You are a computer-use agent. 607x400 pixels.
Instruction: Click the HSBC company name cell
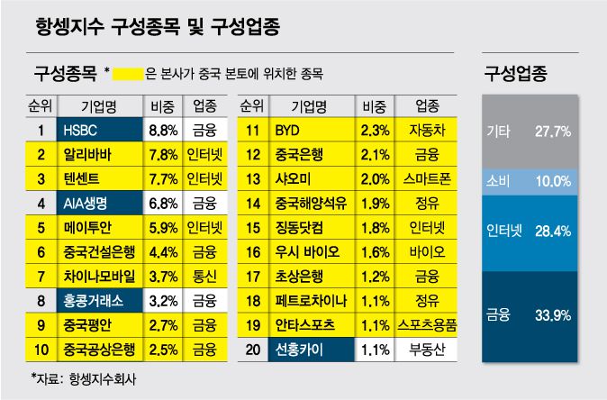[97, 130]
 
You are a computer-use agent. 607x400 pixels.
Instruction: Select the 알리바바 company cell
[97, 154]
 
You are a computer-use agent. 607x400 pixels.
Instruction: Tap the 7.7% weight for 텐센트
[162, 178]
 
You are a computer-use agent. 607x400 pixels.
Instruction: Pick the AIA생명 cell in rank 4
[97, 203]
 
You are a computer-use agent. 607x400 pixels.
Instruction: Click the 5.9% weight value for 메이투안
[162, 227]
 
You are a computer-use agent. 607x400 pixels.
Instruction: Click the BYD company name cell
[310, 130]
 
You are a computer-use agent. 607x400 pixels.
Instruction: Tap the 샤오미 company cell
[310, 178]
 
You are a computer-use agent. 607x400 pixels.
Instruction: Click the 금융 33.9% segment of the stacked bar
[528, 314]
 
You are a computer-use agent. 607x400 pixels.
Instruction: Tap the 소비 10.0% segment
[528, 181]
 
